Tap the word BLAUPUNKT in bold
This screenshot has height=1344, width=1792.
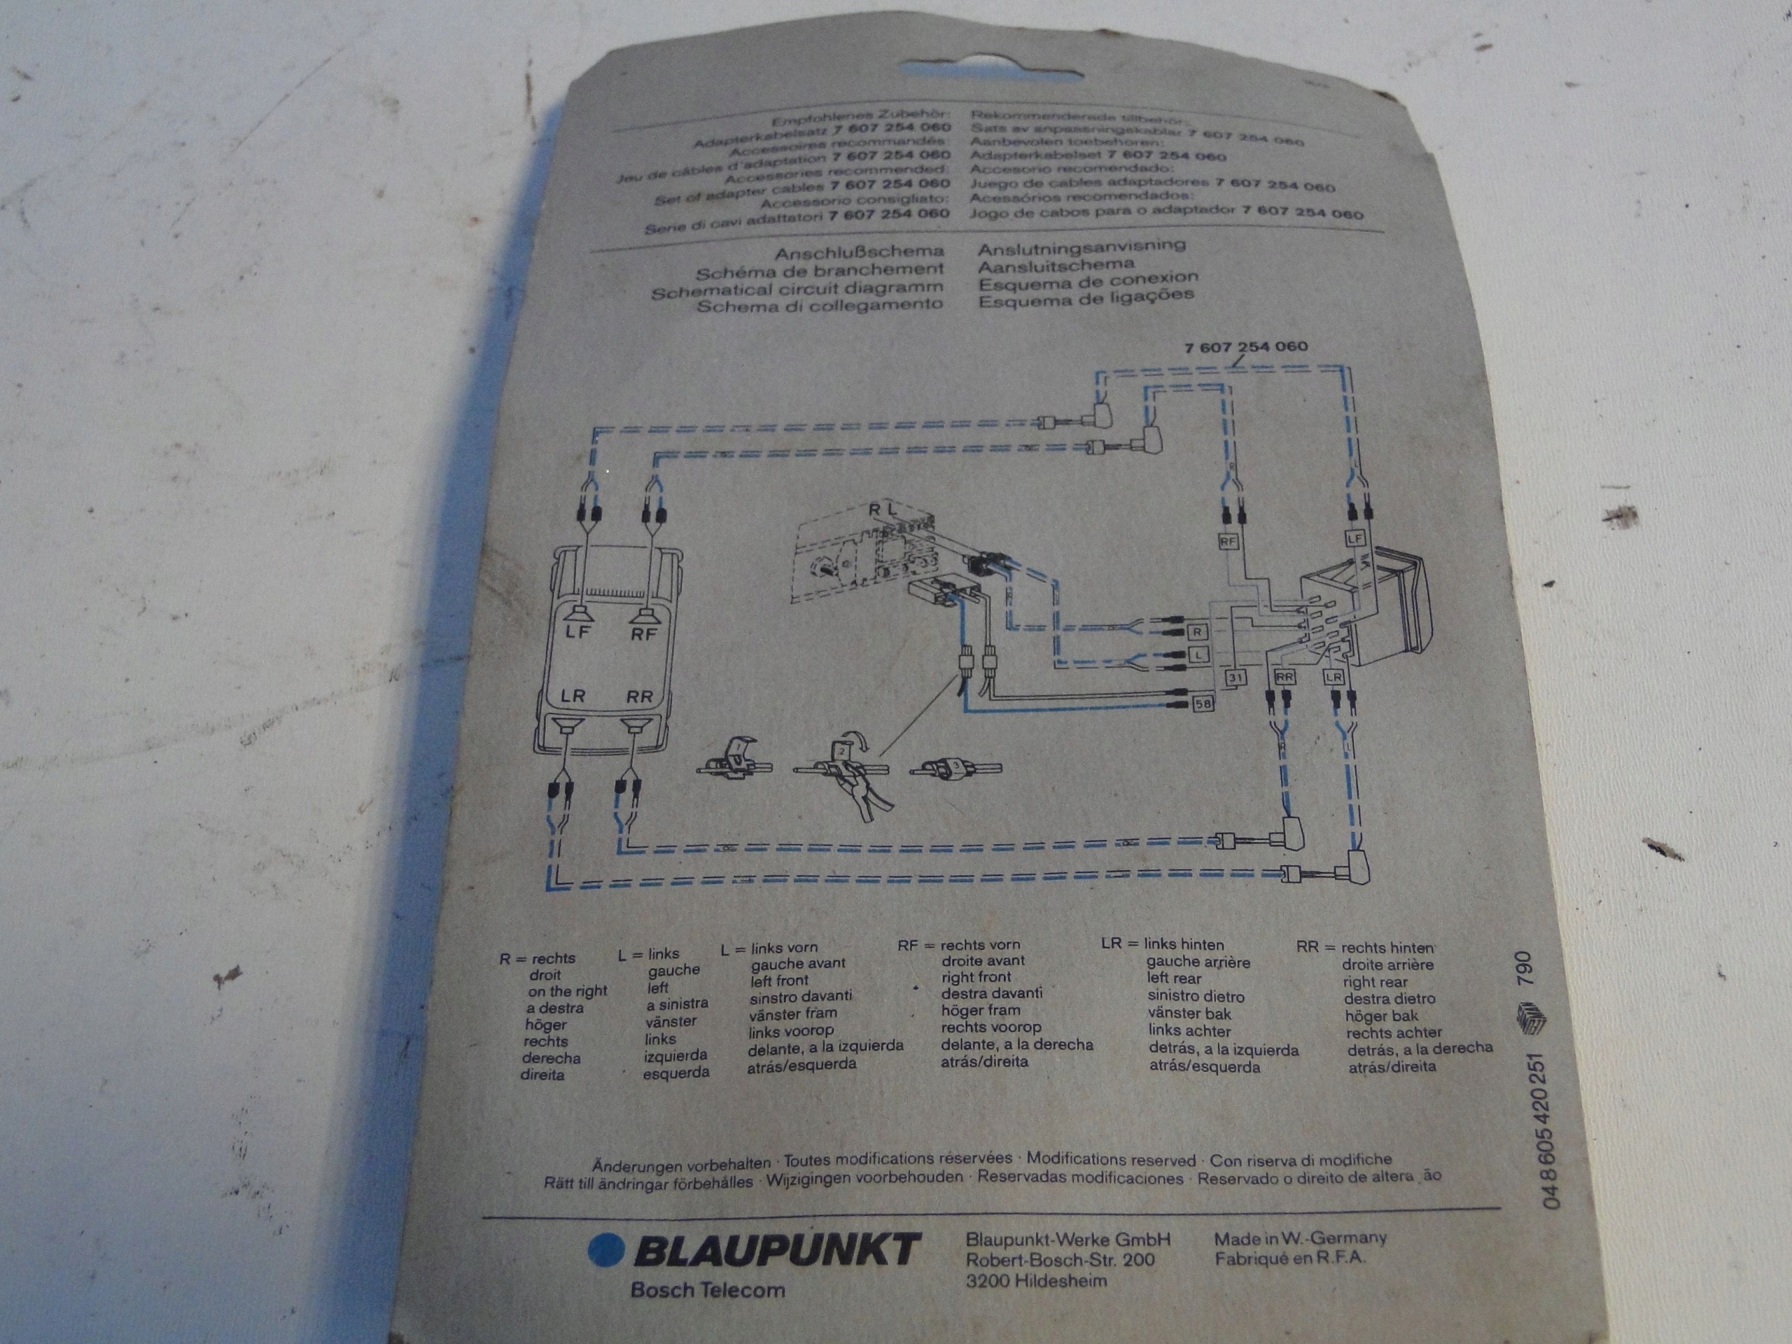pos(778,1251)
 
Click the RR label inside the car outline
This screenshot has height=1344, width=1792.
pos(639,696)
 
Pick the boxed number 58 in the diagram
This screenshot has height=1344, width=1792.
pos(1203,704)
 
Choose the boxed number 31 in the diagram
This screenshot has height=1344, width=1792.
pos(1236,678)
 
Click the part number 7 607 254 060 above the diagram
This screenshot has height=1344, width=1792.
pos(1245,346)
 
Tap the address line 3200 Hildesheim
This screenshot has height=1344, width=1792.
pos(1036,1281)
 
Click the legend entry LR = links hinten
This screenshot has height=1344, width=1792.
pos(1163,944)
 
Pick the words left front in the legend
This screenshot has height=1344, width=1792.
pos(778,980)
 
